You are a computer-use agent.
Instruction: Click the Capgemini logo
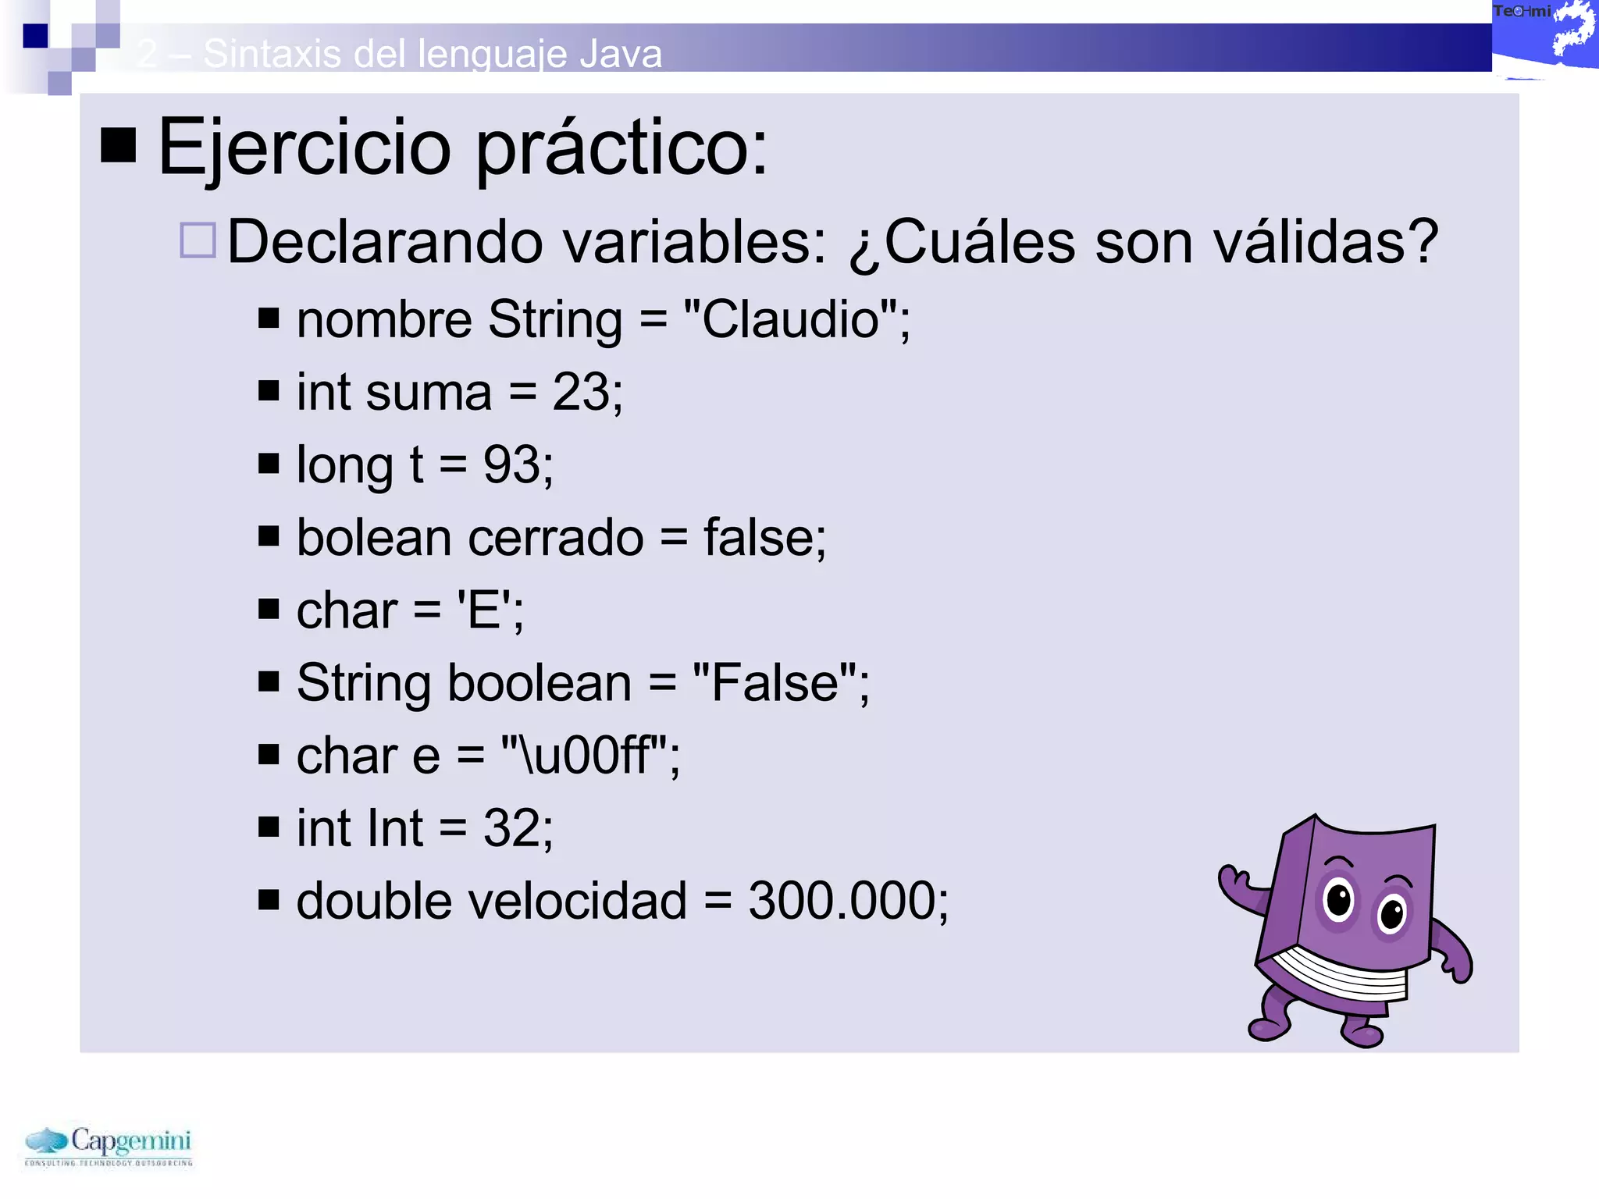click(109, 1145)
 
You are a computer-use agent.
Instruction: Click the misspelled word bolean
click(374, 538)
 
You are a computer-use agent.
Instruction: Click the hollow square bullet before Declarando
click(198, 240)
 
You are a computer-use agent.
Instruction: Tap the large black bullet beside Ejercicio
click(119, 145)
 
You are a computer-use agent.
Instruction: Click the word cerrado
click(556, 538)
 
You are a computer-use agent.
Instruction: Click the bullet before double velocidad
click(269, 900)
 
